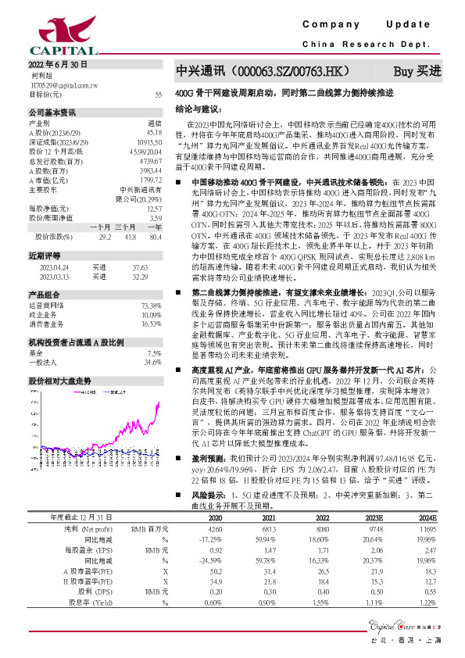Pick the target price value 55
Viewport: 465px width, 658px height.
[158, 95]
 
